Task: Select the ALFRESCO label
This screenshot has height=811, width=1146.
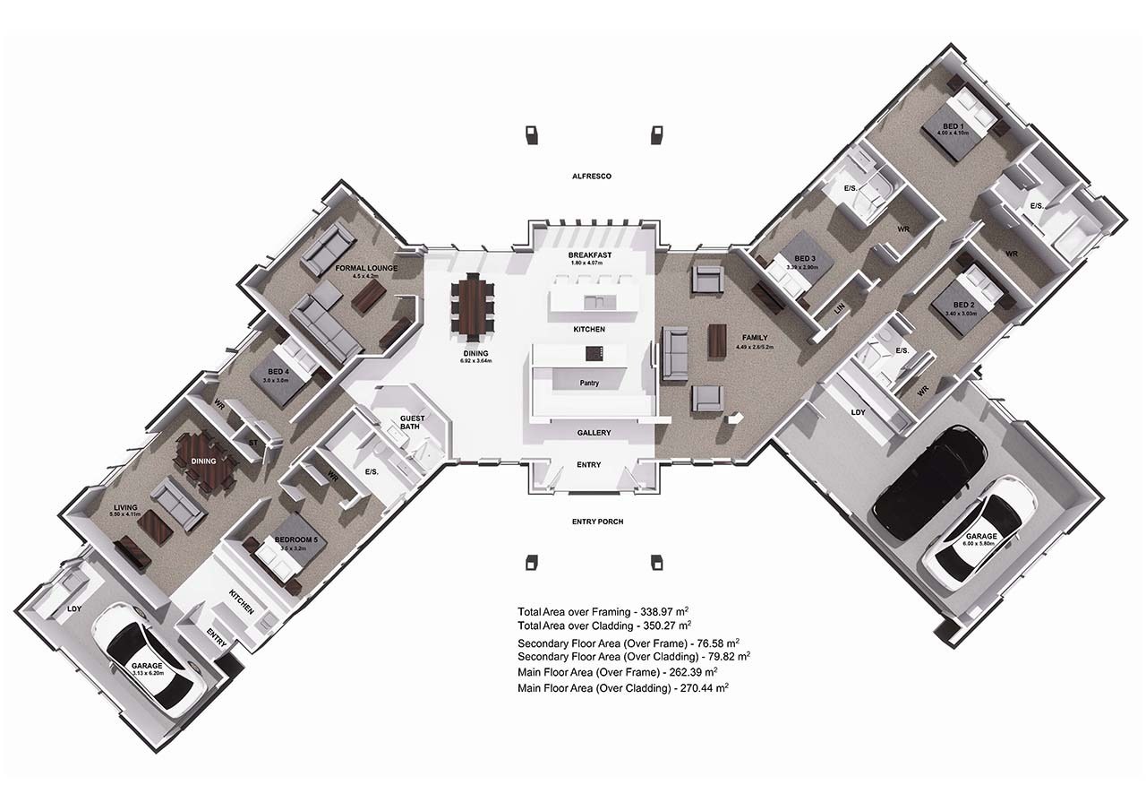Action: (x=591, y=177)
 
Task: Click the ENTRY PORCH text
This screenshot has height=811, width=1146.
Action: (x=597, y=522)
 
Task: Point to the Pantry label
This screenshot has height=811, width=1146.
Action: (x=588, y=383)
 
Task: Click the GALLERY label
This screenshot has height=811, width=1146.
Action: (x=593, y=433)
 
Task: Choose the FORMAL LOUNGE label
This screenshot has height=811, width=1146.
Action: (x=366, y=268)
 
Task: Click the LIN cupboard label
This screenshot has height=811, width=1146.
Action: (x=839, y=307)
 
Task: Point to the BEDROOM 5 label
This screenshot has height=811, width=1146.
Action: (x=295, y=539)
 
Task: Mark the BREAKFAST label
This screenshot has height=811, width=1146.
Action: (x=589, y=255)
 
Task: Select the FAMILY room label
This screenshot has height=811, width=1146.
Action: (x=755, y=338)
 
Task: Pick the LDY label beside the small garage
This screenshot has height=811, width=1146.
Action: (x=74, y=609)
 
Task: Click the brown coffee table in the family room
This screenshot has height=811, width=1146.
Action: (x=718, y=341)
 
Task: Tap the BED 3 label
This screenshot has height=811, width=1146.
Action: (x=801, y=259)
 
